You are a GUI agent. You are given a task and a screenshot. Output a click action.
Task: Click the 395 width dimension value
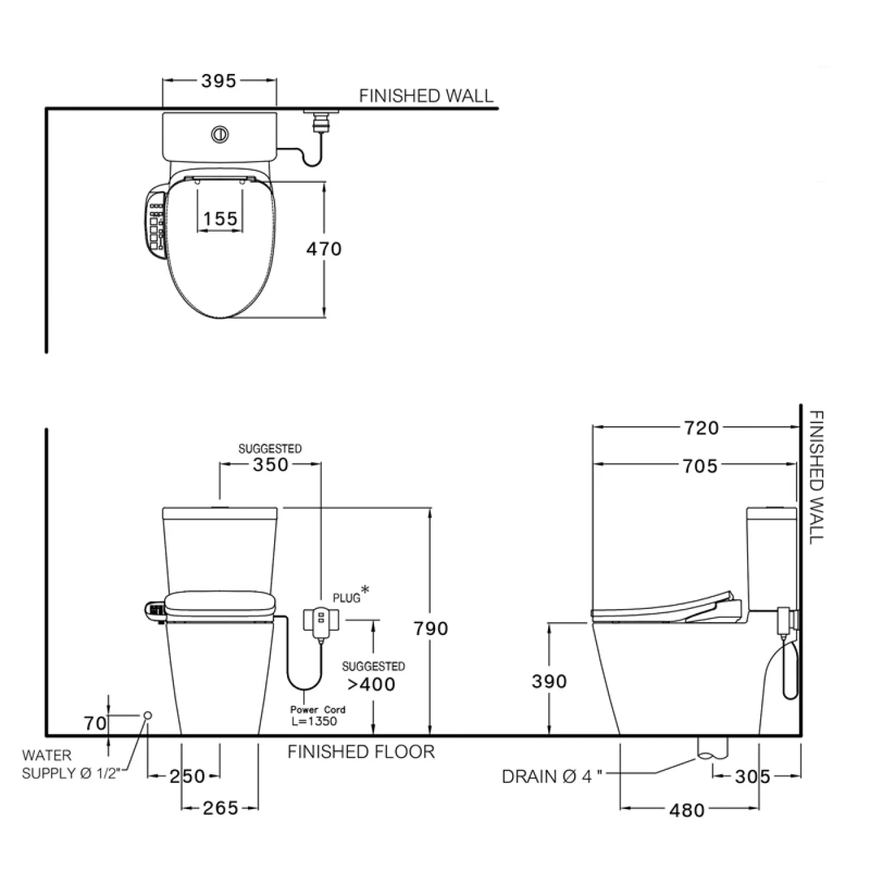219,81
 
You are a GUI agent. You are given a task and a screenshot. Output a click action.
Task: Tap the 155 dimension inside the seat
221,219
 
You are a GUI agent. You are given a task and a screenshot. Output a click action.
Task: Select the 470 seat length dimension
324,249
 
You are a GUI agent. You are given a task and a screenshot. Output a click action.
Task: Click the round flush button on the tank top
219,134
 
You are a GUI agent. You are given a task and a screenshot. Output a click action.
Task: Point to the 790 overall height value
431,628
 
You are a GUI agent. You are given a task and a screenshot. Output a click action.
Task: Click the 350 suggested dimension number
270,465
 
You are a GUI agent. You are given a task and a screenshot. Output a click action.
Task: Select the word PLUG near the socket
347,598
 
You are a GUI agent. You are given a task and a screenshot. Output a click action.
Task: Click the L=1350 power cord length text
314,721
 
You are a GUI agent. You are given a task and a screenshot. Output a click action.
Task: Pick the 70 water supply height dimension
96,723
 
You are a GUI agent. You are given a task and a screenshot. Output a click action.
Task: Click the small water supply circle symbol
148,716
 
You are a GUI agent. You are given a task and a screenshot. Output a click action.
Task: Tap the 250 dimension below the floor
187,776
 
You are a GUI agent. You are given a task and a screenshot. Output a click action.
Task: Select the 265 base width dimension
221,808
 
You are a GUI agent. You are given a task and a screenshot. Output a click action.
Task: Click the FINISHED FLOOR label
361,752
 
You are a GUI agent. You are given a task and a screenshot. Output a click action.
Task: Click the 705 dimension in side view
700,466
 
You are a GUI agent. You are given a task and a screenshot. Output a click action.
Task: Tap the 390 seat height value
549,682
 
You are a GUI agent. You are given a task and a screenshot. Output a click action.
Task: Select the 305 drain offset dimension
752,776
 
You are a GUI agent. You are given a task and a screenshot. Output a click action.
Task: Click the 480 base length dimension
687,810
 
